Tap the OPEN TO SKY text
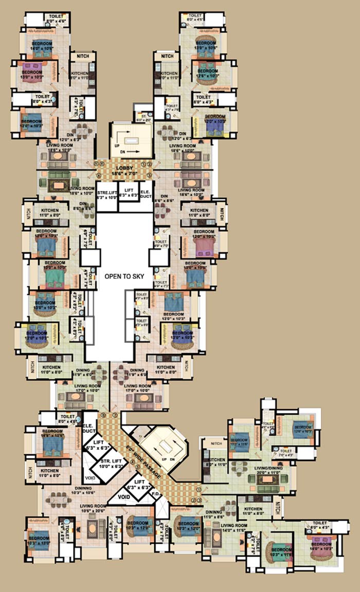(x=124, y=276)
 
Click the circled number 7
(x=115, y=415)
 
